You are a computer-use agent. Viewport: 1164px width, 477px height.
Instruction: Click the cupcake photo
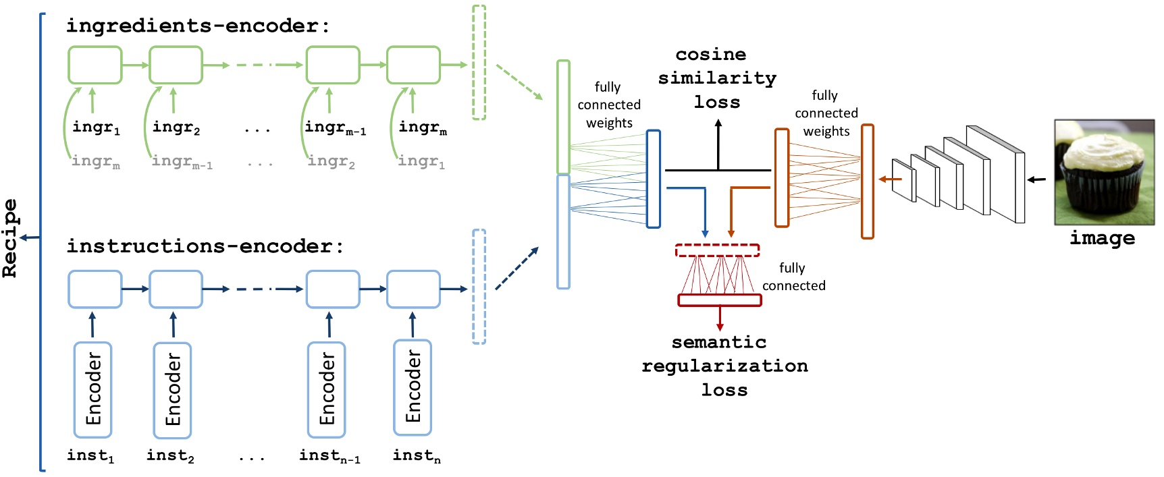click(1104, 172)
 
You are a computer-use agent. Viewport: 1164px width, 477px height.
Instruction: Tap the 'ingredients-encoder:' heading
click(198, 26)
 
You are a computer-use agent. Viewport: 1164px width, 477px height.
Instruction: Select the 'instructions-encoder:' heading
click(205, 246)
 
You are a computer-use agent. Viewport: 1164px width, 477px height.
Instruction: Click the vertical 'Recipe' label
click(10, 238)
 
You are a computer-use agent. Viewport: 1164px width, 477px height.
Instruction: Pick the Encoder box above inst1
click(93, 390)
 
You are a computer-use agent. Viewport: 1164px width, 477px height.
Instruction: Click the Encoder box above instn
click(413, 387)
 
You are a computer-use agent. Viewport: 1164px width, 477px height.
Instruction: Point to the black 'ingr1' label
click(96, 128)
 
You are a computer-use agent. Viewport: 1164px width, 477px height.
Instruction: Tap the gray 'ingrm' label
click(95, 161)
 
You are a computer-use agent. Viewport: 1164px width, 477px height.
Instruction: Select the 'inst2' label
click(170, 456)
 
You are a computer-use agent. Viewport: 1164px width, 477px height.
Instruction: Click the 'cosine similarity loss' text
click(717, 78)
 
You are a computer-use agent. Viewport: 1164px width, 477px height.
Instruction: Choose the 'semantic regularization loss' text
click(724, 366)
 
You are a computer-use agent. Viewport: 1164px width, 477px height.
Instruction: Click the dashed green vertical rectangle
click(479, 62)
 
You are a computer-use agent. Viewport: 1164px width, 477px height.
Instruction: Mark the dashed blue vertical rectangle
click(479, 287)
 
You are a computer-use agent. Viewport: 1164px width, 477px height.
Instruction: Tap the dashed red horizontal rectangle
click(717, 250)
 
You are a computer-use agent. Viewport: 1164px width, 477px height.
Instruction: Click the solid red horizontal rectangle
click(720, 300)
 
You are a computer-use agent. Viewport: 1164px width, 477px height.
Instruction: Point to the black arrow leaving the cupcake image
click(1036, 179)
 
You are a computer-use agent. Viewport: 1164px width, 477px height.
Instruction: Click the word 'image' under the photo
click(1102, 238)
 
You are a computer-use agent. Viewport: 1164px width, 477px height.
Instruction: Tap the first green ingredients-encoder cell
click(95, 65)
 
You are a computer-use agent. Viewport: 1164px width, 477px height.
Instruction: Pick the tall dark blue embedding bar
click(653, 179)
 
